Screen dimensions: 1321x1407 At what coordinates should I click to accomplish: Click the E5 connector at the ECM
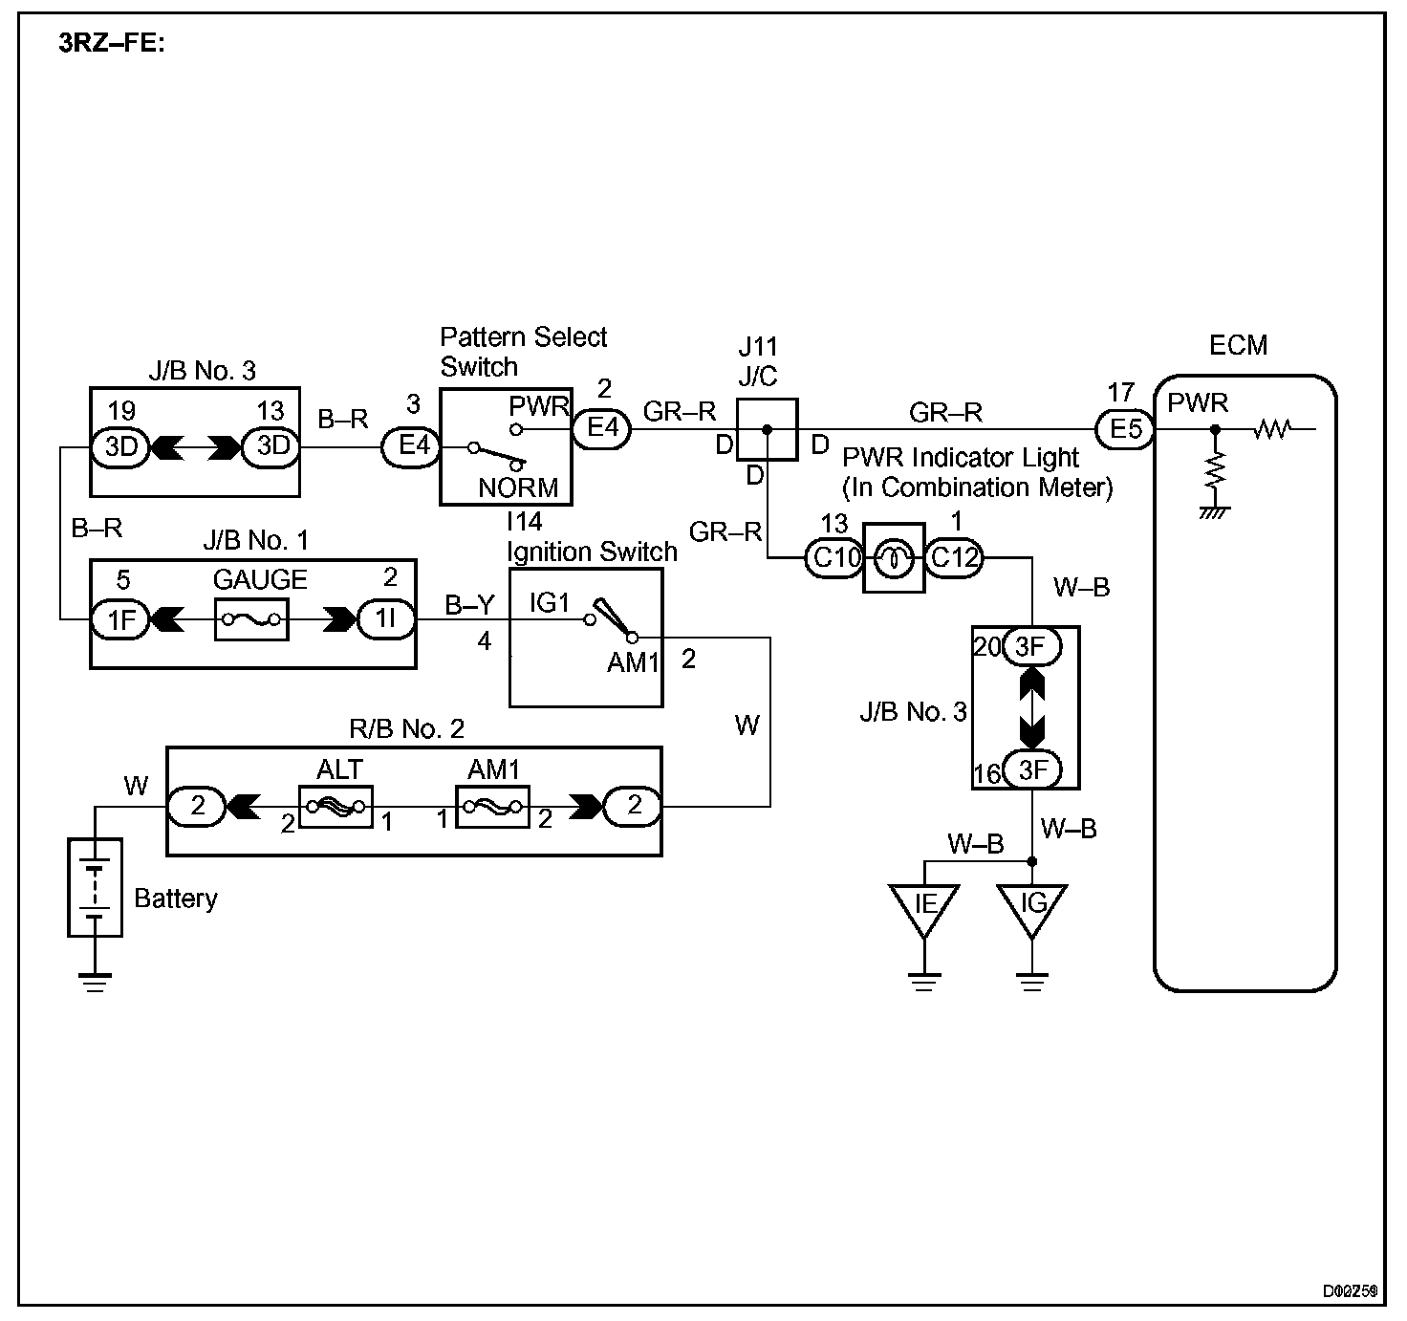pyautogui.click(x=1125, y=429)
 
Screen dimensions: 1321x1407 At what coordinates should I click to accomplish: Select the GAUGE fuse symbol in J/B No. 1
pyautogui.click(x=251, y=620)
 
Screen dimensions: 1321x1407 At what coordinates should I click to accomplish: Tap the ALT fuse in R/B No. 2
pyautogui.click(x=336, y=807)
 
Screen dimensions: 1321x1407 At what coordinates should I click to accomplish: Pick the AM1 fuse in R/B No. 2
pyautogui.click(x=492, y=807)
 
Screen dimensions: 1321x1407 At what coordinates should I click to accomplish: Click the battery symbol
pyautogui.click(x=95, y=887)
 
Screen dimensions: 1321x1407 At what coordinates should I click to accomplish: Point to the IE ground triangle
pyautogui.click(x=924, y=906)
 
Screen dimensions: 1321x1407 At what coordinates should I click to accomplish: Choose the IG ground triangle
pyautogui.click(x=1032, y=906)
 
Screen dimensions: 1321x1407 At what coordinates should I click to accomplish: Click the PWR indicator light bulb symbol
pyautogui.click(x=894, y=557)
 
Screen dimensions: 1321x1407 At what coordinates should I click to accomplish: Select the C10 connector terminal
pyautogui.click(x=835, y=557)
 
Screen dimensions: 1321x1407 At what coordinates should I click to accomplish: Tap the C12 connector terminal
pyautogui.click(x=953, y=557)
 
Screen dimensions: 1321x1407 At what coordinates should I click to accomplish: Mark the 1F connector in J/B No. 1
pyautogui.click(x=120, y=620)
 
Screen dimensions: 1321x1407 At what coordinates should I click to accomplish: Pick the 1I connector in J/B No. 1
pyautogui.click(x=385, y=620)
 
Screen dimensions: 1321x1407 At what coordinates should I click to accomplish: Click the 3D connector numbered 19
pyautogui.click(x=120, y=446)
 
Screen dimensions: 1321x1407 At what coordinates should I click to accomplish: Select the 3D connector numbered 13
pyautogui.click(x=271, y=446)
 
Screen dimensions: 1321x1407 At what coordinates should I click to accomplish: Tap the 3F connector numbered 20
pyautogui.click(x=1031, y=648)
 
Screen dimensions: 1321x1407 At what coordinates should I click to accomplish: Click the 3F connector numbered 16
pyautogui.click(x=1031, y=770)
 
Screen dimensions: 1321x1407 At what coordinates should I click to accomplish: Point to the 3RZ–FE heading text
pyautogui.click(x=112, y=45)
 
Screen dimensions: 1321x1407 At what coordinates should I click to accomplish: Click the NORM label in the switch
pyautogui.click(x=518, y=487)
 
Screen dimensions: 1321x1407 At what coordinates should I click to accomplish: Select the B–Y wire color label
pyautogui.click(x=469, y=605)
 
